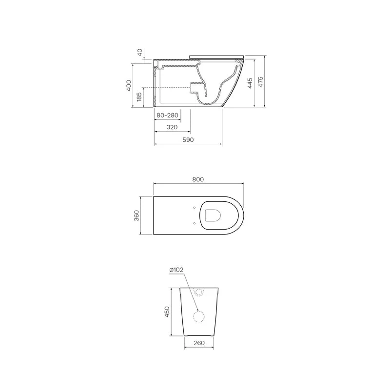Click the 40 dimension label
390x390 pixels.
tap(140, 52)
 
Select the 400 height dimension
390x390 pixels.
tap(129, 86)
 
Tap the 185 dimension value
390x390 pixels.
tap(139, 97)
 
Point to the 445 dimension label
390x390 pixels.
tap(250, 83)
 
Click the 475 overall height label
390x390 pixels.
tap(260, 82)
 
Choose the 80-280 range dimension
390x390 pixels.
tap(167, 116)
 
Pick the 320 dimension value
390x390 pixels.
tap(172, 127)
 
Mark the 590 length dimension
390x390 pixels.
tap(188, 140)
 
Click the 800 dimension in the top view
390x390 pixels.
tap(198, 179)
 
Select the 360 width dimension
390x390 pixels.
tap(136, 215)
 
